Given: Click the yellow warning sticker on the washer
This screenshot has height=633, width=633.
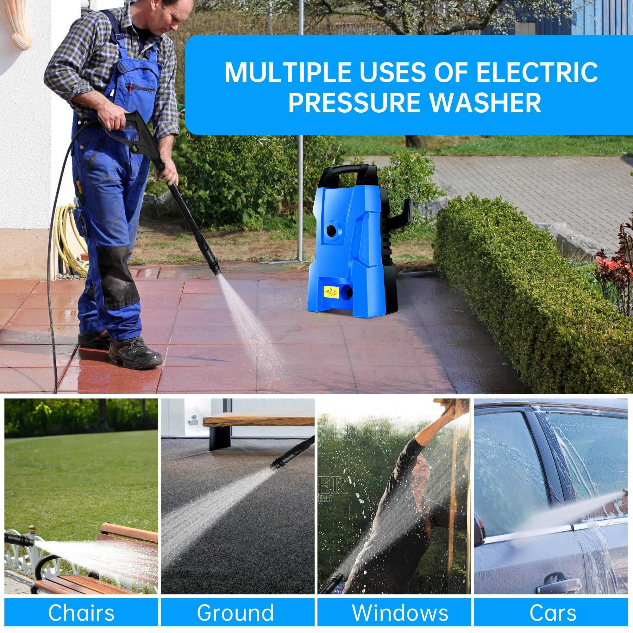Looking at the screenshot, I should (x=331, y=292).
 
